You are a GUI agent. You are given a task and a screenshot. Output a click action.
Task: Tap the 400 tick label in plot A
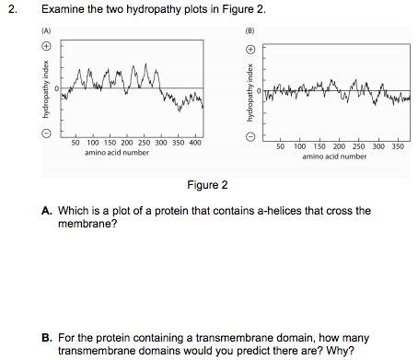pyautogui.click(x=195, y=143)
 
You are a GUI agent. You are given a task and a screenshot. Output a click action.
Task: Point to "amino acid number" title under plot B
pyautogui.click(x=334, y=156)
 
